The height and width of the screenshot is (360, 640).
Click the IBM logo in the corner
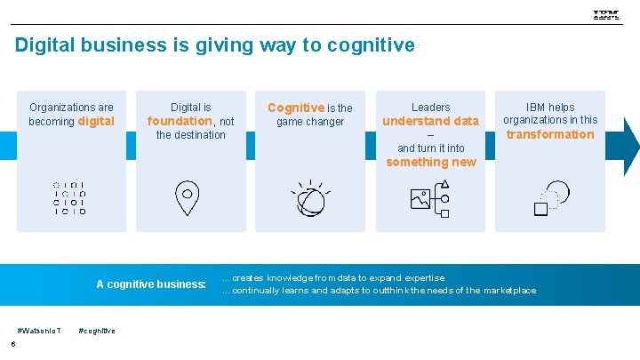[x=607, y=15]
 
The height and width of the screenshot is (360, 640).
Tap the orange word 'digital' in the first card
[x=97, y=121]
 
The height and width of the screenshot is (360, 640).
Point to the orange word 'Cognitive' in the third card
[x=296, y=108]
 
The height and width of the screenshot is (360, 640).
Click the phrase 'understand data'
[x=430, y=121]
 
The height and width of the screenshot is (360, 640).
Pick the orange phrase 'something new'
[x=430, y=162]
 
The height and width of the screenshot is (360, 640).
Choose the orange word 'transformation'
[x=550, y=134]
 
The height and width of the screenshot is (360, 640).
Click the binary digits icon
[x=70, y=198]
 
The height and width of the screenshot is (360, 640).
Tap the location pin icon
[x=187, y=197]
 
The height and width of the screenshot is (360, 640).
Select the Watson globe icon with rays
[x=310, y=198]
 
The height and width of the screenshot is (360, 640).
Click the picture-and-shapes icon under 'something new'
[x=430, y=198]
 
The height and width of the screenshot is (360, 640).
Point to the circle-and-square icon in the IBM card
[x=550, y=198]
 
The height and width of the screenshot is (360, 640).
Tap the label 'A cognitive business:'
[x=151, y=284]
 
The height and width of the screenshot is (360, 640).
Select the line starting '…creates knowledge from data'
[x=333, y=278]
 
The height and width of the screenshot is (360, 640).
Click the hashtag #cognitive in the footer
[x=97, y=331]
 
